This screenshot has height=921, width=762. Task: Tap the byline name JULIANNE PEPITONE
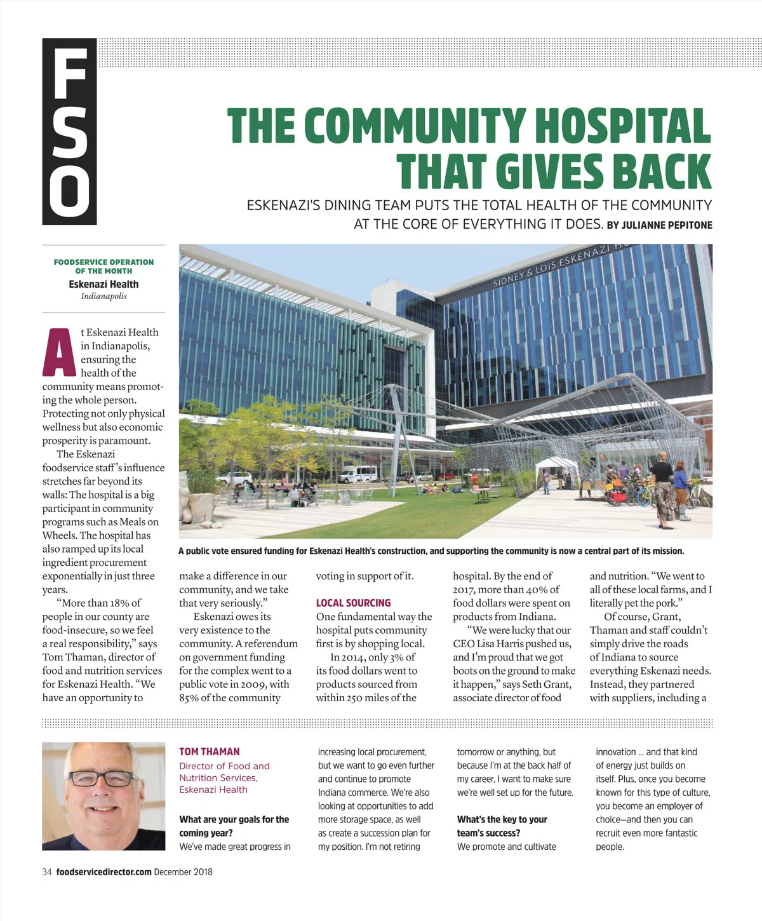click(667, 225)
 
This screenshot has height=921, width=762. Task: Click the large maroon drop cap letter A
click(59, 353)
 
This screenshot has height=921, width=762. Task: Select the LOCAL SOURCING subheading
click(353, 603)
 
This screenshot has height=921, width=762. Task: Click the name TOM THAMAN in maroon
click(209, 751)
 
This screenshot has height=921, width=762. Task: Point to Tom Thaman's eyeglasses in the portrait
click(102, 777)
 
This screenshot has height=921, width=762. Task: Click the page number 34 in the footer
click(47, 872)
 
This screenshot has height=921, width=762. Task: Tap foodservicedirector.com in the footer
click(104, 872)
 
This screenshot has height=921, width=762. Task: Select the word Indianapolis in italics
click(104, 296)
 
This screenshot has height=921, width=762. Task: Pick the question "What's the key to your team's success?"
click(502, 826)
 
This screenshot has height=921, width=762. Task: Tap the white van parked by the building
click(357, 473)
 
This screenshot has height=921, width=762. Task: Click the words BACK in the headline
click(661, 171)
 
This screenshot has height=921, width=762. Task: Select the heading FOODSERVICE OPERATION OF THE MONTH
click(104, 266)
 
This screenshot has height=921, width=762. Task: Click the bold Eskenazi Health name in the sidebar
click(104, 285)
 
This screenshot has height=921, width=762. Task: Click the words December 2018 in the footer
click(183, 872)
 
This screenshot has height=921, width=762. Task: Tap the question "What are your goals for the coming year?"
click(234, 826)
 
